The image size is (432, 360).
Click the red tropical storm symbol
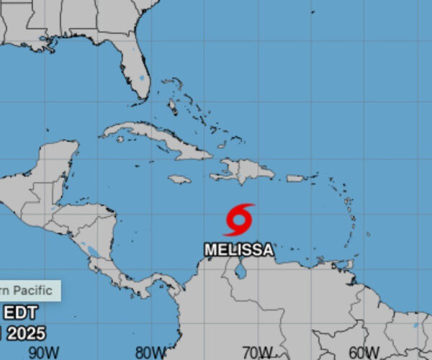coord(239,220)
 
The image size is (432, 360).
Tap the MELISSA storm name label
coord(239,250)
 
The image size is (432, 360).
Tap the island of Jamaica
coord(179,179)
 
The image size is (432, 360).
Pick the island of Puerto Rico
coord(296,178)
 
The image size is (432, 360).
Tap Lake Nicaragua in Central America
coord(92,251)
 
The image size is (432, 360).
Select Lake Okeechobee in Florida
coord(141,77)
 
